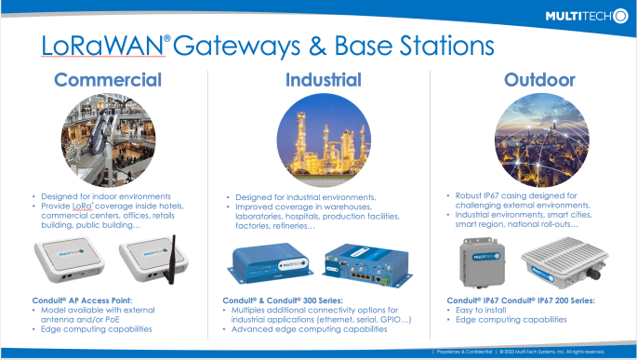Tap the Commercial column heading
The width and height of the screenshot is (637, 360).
[108, 80]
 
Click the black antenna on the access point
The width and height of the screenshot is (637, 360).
[171, 244]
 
